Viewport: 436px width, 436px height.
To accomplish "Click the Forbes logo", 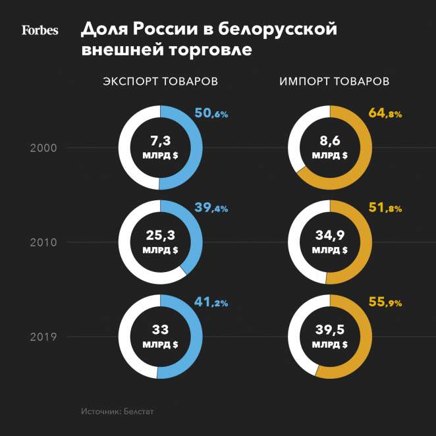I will click(40, 30).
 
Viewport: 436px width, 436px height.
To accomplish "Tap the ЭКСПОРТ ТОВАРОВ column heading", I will click(160, 82).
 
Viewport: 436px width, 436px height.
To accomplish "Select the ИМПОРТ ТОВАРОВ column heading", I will click(334, 82).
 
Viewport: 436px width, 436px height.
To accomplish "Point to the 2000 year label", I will click(43, 148).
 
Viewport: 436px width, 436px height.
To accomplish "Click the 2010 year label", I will click(43, 242).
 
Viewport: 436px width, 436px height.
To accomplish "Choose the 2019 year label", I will click(43, 337).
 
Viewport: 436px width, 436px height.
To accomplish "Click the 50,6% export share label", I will click(211, 113).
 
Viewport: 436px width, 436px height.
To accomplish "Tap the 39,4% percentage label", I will click(211, 208).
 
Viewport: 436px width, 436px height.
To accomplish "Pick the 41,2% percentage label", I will click(211, 303).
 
